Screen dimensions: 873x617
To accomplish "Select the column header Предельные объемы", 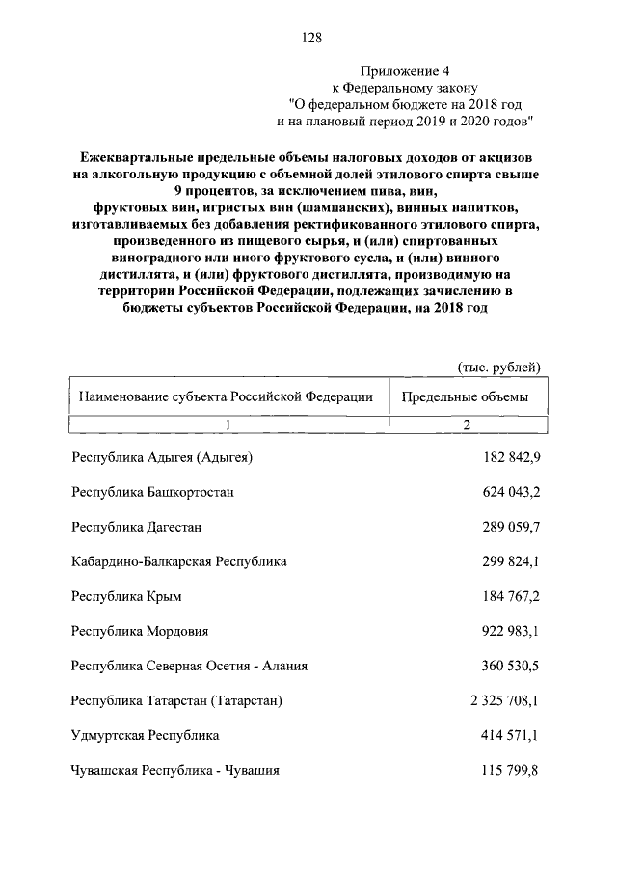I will click(x=465, y=396).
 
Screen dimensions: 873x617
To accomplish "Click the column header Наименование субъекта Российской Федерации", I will click(x=226, y=396).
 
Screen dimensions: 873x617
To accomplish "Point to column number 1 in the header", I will click(x=227, y=424).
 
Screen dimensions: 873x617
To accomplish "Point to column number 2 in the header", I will click(x=466, y=424).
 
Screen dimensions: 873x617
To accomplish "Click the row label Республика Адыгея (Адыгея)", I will click(x=162, y=456).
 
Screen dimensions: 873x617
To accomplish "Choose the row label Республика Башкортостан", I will click(x=152, y=492).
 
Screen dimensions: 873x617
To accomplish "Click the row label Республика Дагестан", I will click(x=136, y=527).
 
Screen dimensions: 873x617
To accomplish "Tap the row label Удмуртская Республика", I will click(x=145, y=735).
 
